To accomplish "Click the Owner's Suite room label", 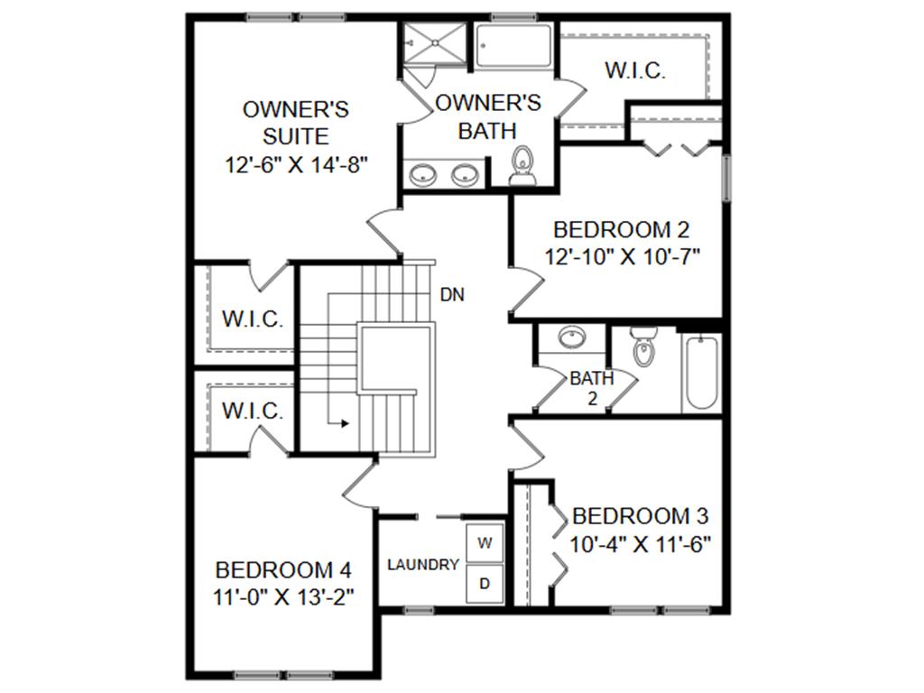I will click(296, 123).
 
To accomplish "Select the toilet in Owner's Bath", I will click(522, 165).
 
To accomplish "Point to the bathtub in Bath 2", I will click(700, 373).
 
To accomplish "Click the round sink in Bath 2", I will click(570, 338).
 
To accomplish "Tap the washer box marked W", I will click(485, 543).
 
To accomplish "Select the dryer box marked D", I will click(485, 584).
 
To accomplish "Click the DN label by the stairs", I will click(452, 294).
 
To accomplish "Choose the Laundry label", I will click(423, 565).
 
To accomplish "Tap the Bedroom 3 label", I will click(640, 516).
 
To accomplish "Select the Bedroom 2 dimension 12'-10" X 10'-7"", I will click(623, 255).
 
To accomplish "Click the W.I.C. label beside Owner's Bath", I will click(635, 71).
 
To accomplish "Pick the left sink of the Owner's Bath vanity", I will click(422, 174).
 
